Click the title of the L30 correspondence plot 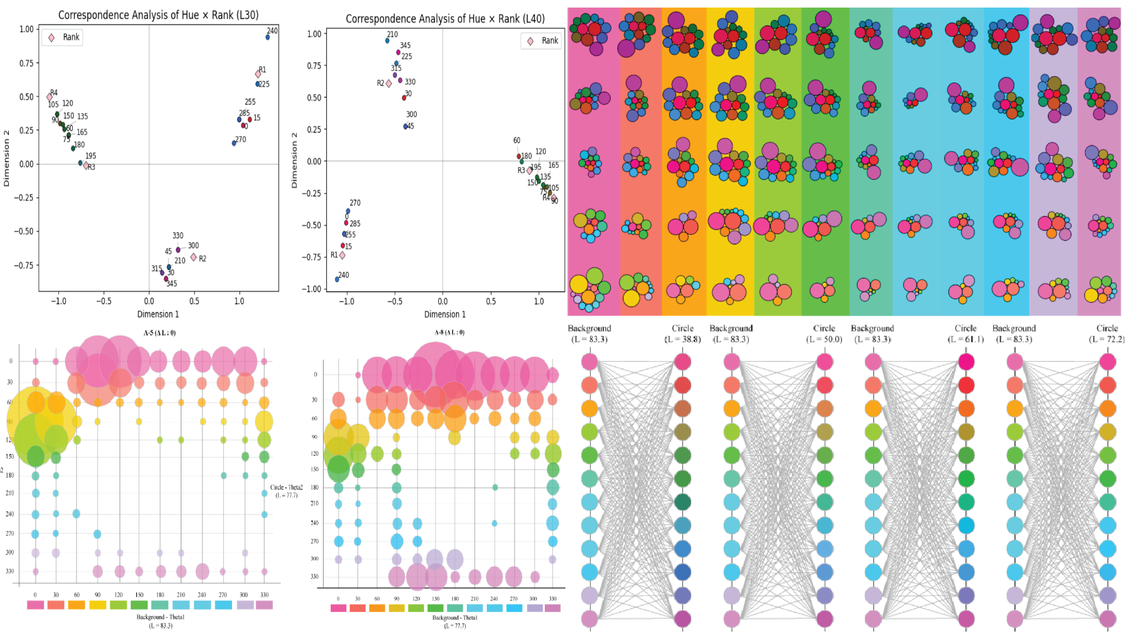tap(158, 15)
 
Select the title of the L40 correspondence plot tap(445, 19)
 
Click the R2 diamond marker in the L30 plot tap(193, 257)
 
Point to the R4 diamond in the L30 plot tap(49, 97)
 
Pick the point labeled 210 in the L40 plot tap(387, 41)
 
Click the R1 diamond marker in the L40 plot tap(342, 255)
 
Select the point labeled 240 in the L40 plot tap(337, 279)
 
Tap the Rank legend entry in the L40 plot tap(541, 41)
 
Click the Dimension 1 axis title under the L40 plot tap(445, 314)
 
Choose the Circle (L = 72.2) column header tap(1107, 333)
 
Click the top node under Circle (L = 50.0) tap(825, 362)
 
